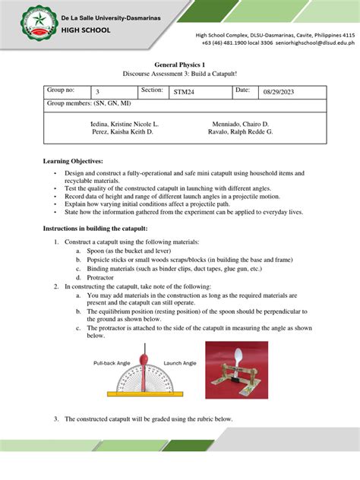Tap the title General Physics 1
[180, 65]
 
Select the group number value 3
[96, 91]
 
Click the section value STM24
[185, 91]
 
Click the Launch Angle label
[180, 363]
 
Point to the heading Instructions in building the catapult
[99, 229]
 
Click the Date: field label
[242, 90]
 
